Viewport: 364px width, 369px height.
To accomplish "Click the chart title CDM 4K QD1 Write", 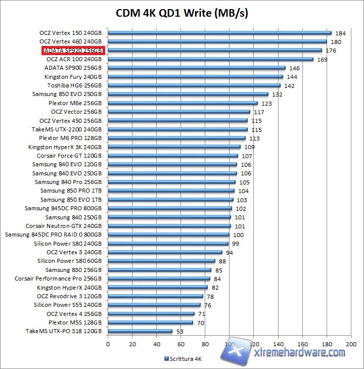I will coord(182,12).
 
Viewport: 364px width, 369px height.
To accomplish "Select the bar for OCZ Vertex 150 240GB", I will coord(219,33).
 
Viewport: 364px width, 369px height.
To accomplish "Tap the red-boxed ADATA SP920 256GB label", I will coord(73,51).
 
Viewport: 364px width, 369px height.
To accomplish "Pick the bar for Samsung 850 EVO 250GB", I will coord(188,95).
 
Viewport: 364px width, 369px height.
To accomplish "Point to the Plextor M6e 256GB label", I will coord(75,103).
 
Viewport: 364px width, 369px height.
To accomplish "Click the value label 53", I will coord(179,332).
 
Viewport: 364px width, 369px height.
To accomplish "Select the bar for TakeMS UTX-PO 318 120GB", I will coord(140,332).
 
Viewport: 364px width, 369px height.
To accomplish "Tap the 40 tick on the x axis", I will coord(156,344).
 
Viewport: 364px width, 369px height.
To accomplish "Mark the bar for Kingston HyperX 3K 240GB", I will coord(174,147).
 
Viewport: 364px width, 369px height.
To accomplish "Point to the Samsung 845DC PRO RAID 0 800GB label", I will coord(53,235).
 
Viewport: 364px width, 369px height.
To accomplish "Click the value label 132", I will coord(277,95).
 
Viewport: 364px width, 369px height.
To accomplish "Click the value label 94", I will coord(230,252).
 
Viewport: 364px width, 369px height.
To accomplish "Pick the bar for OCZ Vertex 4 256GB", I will coord(151,314).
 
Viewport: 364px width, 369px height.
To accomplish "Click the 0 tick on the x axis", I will coord(108,344).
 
